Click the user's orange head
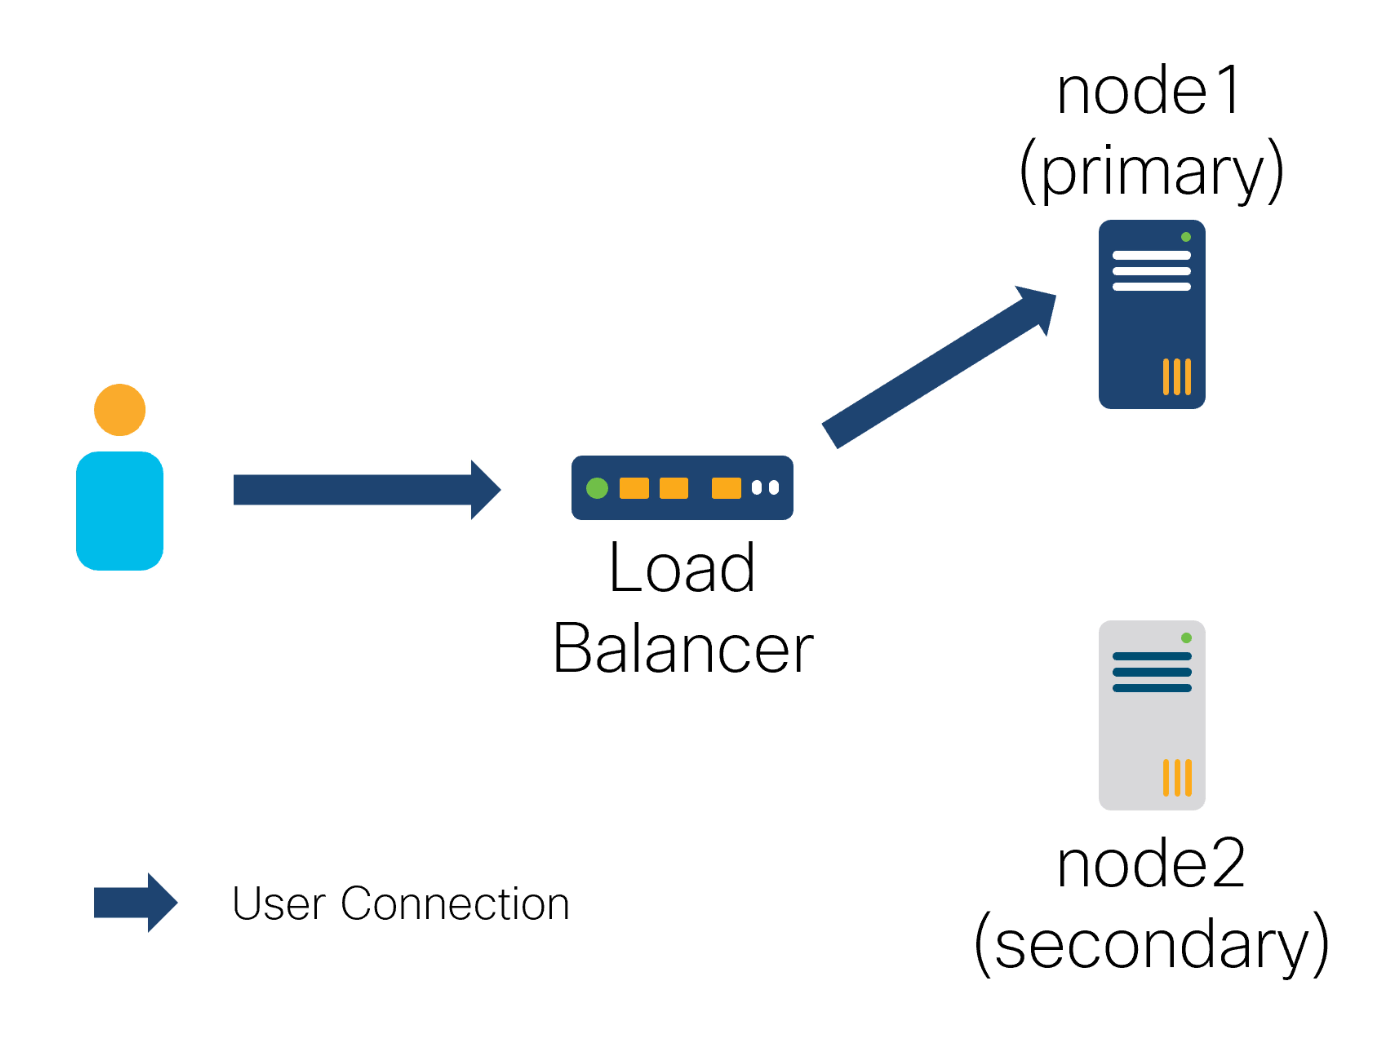pyautogui.click(x=119, y=409)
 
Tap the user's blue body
pyautogui.click(x=119, y=511)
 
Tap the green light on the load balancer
pyautogui.click(x=597, y=488)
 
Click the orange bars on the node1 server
pyautogui.click(x=1176, y=377)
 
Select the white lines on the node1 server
pyautogui.click(x=1151, y=271)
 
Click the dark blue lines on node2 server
pyautogui.click(x=1151, y=672)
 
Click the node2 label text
pyautogui.click(x=1151, y=864)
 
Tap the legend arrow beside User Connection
pyautogui.click(x=136, y=902)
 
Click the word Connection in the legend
pyautogui.click(x=455, y=904)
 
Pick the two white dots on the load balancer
pyautogui.click(x=765, y=487)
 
